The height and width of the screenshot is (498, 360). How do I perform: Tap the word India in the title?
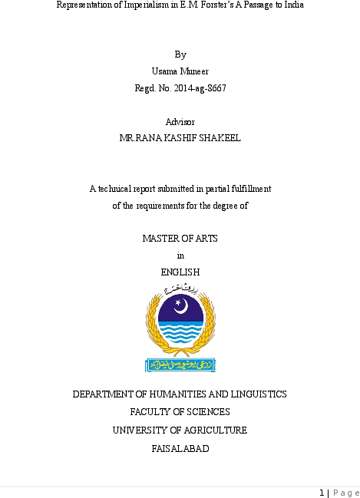coord(292,5)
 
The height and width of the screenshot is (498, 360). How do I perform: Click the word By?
coord(180,54)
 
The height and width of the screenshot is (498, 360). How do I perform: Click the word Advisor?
coord(180,122)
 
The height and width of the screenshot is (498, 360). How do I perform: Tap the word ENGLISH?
coord(180,272)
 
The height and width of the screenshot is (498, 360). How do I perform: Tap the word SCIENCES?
coord(201,412)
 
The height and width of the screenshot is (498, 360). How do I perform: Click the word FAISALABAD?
coord(180,449)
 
